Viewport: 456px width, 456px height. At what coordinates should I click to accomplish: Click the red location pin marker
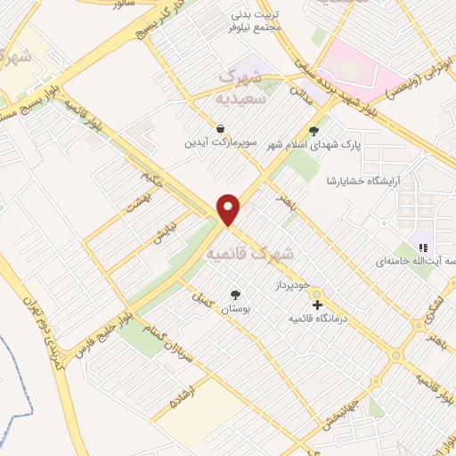[229, 208]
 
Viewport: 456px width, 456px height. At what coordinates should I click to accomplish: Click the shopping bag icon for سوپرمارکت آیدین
[220, 128]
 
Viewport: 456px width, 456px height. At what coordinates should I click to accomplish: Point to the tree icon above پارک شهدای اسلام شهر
[313, 130]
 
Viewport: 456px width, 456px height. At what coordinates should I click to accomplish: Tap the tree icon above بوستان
[235, 295]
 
